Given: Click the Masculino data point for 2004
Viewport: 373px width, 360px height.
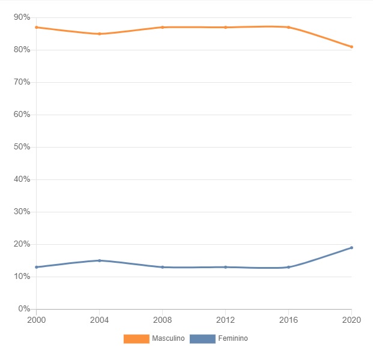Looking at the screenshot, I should [x=99, y=34].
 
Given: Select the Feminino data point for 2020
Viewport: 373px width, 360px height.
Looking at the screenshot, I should [x=351, y=247].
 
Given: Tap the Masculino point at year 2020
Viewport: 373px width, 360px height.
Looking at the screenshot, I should [x=351, y=47].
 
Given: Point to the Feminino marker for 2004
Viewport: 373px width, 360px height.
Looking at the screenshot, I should [x=99, y=260].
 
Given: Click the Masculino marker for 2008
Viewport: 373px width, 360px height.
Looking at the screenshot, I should [x=162, y=27].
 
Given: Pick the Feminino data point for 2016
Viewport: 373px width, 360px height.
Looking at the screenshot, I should [x=288, y=267].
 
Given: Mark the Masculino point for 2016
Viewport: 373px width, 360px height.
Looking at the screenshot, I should [x=288, y=27].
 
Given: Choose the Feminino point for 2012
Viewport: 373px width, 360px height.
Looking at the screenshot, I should [x=225, y=267].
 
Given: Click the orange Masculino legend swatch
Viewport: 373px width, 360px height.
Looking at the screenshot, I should [x=136, y=339].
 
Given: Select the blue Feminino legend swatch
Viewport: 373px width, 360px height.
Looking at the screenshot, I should [x=202, y=339].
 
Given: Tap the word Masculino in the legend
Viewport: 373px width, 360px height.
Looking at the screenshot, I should [x=168, y=339].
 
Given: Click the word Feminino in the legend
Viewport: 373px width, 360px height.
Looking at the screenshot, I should [x=233, y=339].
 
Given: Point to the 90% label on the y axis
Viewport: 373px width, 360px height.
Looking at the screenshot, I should [x=22, y=17].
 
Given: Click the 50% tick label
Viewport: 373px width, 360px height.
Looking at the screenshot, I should [x=22, y=147].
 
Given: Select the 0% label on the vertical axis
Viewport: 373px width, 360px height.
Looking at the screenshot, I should [x=24, y=309].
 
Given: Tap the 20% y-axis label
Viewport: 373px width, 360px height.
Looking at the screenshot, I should [x=22, y=244].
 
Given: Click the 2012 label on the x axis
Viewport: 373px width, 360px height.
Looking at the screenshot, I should [x=225, y=319].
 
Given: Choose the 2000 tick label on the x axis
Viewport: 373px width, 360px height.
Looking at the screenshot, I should [x=36, y=319].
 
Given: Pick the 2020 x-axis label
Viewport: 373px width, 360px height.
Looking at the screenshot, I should [x=351, y=319].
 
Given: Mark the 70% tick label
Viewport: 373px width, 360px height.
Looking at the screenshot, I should [x=22, y=82].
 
